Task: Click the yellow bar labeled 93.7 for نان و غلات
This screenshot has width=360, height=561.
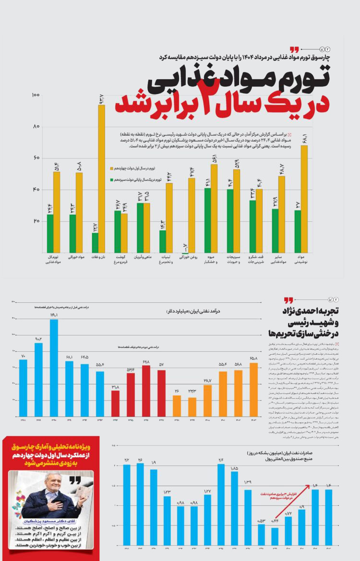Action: pos(101,179)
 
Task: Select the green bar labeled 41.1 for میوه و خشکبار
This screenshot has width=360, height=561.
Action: pos(207,220)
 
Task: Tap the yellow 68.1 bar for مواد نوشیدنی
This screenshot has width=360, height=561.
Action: pos(304,199)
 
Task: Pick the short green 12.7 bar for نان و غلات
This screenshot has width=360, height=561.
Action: pos(95,243)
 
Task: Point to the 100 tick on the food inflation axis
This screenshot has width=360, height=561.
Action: pos(36,95)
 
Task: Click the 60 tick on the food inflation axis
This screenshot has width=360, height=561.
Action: pos(36,158)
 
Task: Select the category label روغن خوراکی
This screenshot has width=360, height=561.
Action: pos(189,257)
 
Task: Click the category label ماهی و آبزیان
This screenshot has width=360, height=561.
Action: pos(143,257)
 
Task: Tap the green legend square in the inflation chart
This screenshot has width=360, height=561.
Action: pos(111,179)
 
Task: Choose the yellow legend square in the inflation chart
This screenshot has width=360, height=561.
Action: pos(111,168)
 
